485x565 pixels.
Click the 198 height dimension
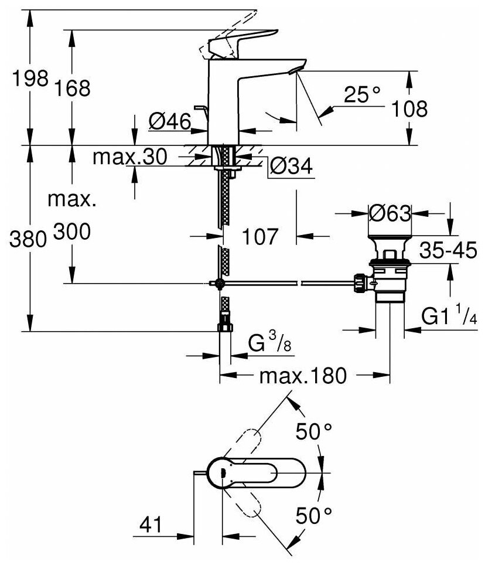[30, 80]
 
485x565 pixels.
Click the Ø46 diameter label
[170, 122]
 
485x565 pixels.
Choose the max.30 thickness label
[131, 156]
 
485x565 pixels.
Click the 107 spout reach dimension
[260, 237]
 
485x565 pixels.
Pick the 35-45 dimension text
[449, 251]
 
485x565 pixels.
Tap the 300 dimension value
[72, 233]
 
